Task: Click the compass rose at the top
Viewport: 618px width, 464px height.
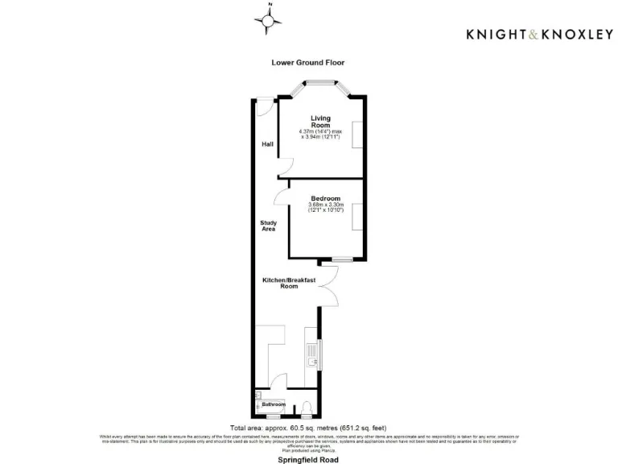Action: pyautogui.click(x=270, y=20)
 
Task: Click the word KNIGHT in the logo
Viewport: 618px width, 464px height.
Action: pyautogui.click(x=493, y=34)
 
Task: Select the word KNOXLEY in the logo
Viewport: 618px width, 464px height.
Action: pyautogui.click(x=575, y=34)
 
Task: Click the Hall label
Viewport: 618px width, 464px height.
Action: pyautogui.click(x=267, y=145)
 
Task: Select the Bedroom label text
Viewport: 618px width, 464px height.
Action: pyautogui.click(x=326, y=199)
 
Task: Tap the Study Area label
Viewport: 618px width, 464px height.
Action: pyautogui.click(x=268, y=226)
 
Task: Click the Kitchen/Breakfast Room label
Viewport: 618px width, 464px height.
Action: pyautogui.click(x=289, y=283)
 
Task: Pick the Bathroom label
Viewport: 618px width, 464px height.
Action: pyautogui.click(x=273, y=404)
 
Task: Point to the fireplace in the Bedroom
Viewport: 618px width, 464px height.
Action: pyautogui.click(x=355, y=217)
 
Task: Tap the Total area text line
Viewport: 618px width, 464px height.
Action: pyautogui.click(x=308, y=427)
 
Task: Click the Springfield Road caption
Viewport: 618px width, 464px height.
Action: pyautogui.click(x=308, y=459)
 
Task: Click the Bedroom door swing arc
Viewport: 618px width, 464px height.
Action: pyautogui.click(x=281, y=193)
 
